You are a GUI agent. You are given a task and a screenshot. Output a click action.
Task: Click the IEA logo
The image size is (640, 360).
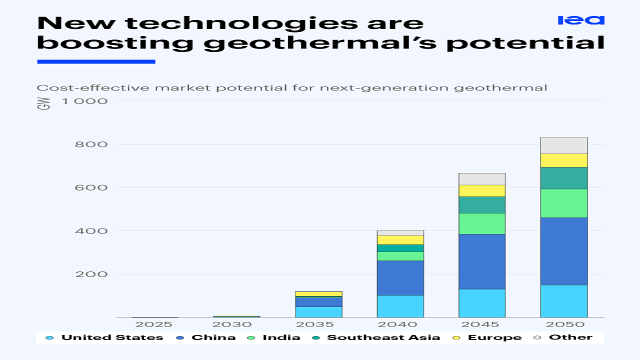pyautogui.click(x=581, y=20)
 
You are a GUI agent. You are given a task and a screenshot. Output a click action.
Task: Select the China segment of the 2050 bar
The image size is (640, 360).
pyautogui.click(x=564, y=251)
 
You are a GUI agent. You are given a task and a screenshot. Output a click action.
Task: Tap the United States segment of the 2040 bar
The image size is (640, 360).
pyautogui.click(x=400, y=306)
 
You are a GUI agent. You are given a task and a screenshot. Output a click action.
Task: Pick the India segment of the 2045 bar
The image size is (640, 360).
pyautogui.click(x=482, y=223)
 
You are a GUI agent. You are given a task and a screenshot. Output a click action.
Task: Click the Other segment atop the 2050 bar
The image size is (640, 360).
pyautogui.click(x=564, y=145)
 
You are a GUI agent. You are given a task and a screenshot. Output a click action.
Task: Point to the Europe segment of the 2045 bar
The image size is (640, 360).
pyautogui.click(x=482, y=190)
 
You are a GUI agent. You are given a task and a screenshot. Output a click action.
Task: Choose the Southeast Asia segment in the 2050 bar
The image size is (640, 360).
pyautogui.click(x=564, y=178)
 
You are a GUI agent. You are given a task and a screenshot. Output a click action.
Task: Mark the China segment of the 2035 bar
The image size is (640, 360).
pyautogui.click(x=318, y=302)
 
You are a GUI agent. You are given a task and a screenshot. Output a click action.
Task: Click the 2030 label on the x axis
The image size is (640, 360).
pyautogui.click(x=236, y=324)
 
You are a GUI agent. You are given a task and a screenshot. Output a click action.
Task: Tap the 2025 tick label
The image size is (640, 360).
pyautogui.click(x=154, y=324)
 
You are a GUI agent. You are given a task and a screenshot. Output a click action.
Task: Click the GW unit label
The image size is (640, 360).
pyautogui.click(x=44, y=104)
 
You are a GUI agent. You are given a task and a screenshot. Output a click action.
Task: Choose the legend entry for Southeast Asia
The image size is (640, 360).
pyautogui.click(x=383, y=337)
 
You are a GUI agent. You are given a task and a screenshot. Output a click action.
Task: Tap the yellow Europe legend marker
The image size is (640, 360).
pyautogui.click(x=456, y=337)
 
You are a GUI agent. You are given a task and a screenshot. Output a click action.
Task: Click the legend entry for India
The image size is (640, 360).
pyautogui.click(x=281, y=337)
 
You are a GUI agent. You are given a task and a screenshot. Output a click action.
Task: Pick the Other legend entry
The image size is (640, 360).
pyautogui.click(x=570, y=337)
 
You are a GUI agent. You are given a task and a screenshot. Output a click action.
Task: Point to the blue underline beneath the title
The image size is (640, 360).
pyautogui.click(x=96, y=61)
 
